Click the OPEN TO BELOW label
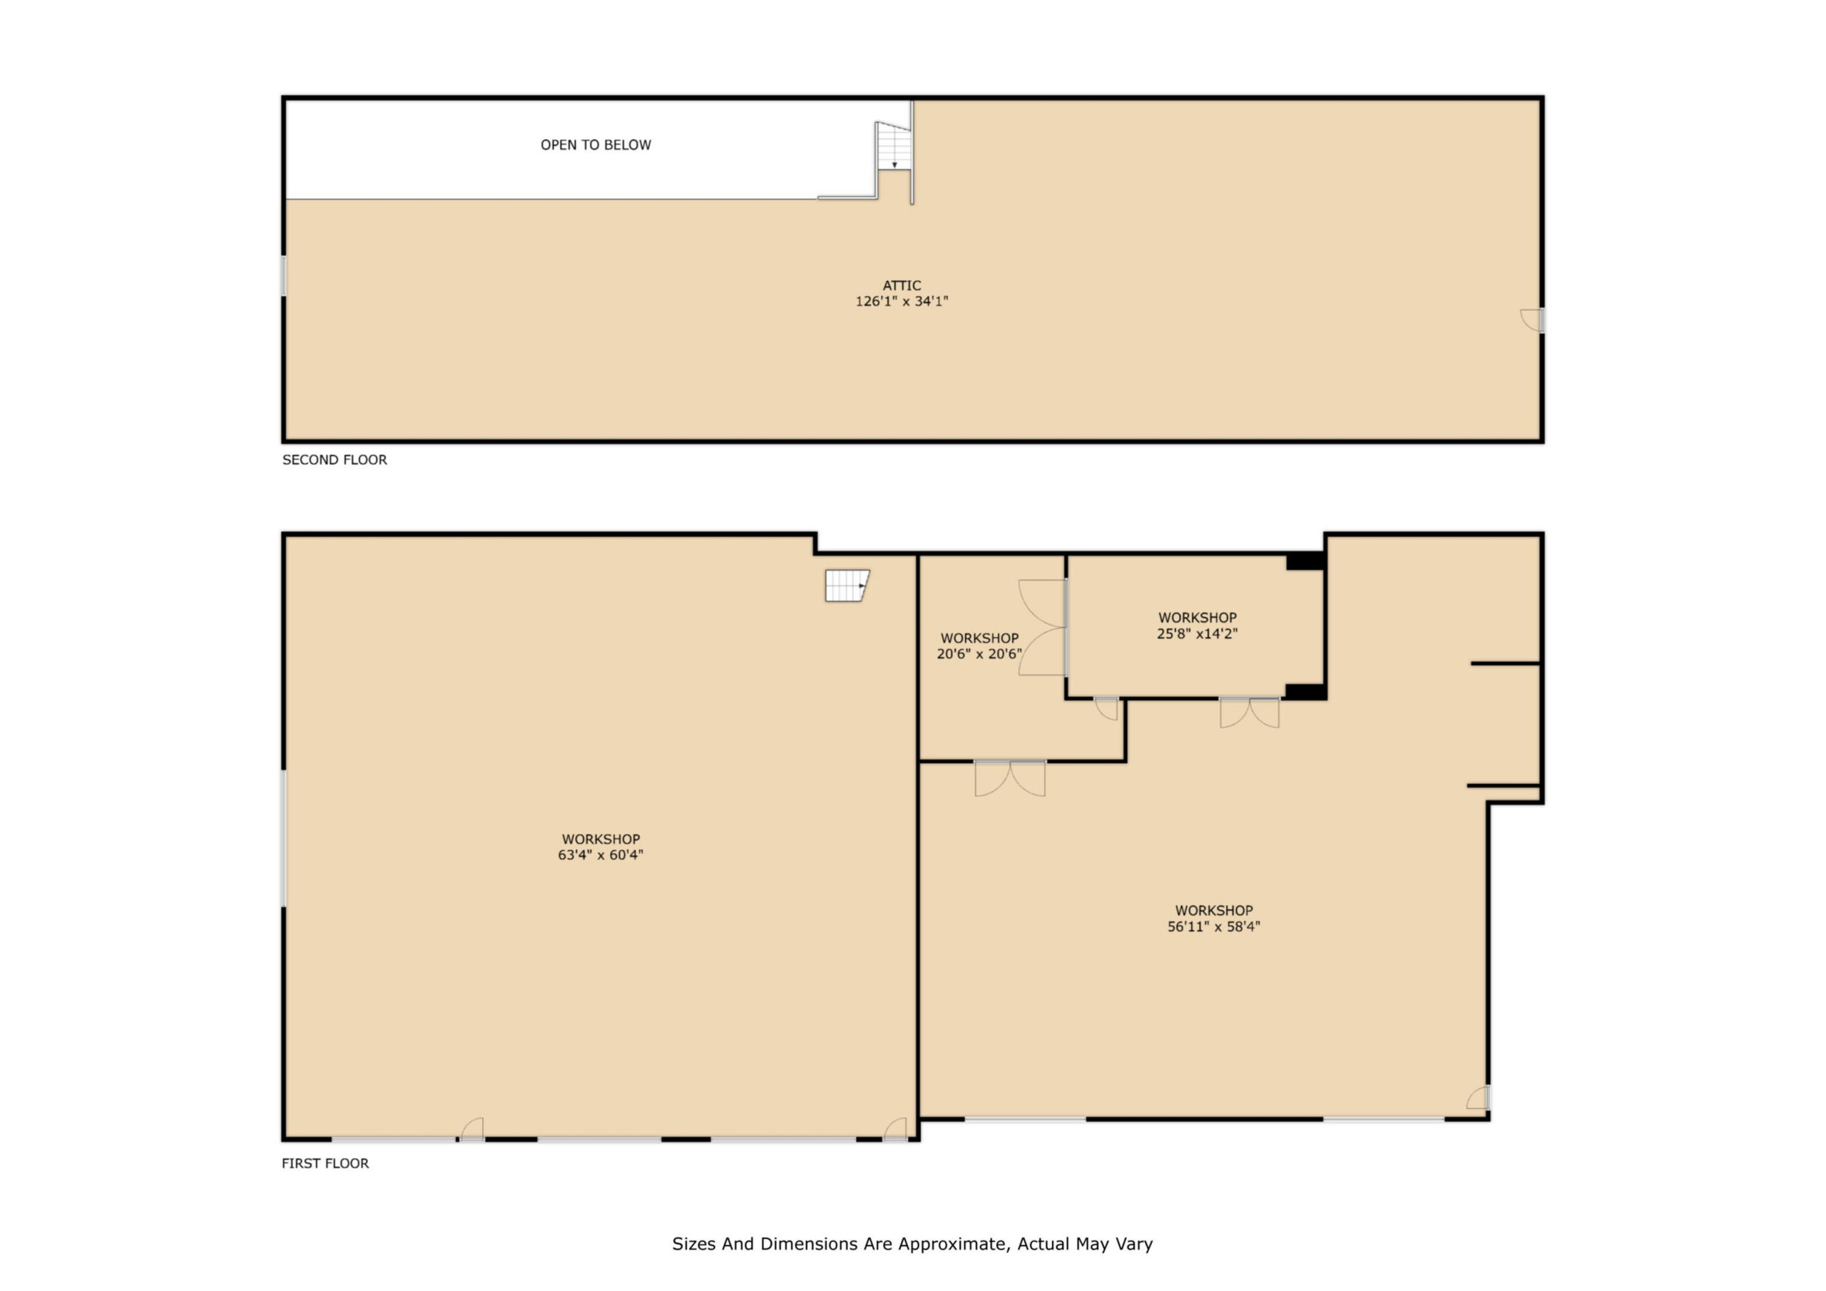[x=596, y=145]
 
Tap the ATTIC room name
[x=902, y=285]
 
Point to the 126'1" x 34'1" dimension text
[x=902, y=302]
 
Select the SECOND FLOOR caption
[x=335, y=460]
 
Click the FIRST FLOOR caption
[x=325, y=1163]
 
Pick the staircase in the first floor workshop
[x=847, y=586]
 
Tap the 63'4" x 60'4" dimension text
[x=601, y=855]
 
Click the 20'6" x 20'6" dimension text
[x=979, y=654]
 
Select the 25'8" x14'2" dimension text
[x=1197, y=634]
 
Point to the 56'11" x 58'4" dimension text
[x=1213, y=927]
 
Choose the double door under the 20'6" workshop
[x=1010, y=778]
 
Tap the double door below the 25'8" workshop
[x=1250, y=713]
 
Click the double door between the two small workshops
[x=1043, y=628]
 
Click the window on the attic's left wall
[x=284, y=275]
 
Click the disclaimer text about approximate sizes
[x=912, y=1244]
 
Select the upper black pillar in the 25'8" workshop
[x=1305, y=561]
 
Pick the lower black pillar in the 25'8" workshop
[x=1305, y=691]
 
